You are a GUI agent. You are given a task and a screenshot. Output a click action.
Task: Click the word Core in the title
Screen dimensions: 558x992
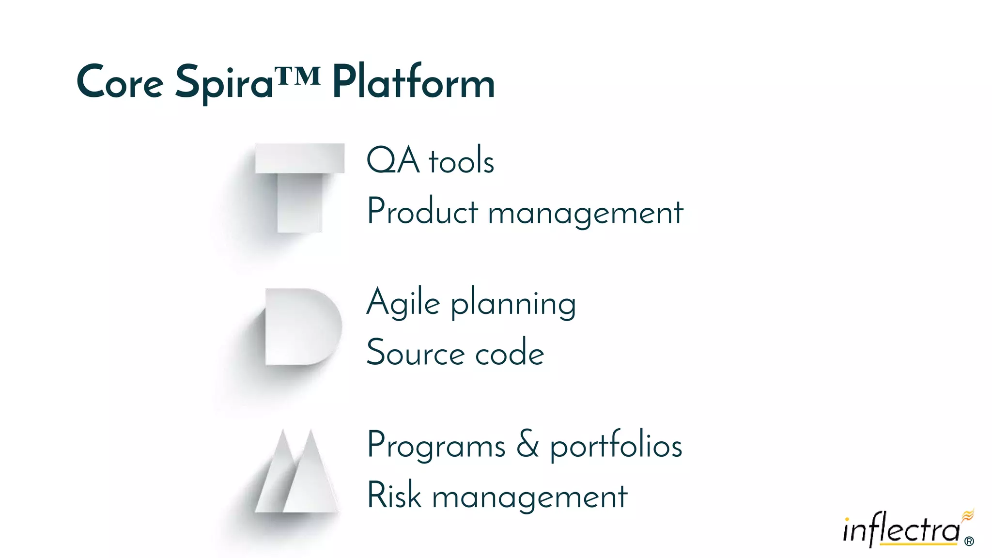click(120, 82)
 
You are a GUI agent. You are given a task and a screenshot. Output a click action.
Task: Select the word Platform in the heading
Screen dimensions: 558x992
click(413, 82)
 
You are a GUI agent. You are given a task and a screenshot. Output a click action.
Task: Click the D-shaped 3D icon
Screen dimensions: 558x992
click(302, 327)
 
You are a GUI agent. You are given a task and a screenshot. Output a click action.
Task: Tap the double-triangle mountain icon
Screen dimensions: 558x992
click(296, 472)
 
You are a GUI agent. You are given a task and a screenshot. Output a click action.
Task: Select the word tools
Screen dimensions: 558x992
click(461, 161)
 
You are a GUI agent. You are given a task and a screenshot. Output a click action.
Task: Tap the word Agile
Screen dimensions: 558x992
click(403, 303)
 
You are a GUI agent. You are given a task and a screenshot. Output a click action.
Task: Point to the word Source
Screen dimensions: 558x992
click(415, 353)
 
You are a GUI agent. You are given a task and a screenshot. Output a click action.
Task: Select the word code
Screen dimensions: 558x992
click(510, 353)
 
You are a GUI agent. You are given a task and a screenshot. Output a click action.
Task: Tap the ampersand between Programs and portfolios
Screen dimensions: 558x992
click(527, 444)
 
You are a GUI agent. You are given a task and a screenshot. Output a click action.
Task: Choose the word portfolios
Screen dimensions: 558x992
click(616, 445)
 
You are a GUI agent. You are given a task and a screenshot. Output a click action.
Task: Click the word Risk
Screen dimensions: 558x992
click(394, 496)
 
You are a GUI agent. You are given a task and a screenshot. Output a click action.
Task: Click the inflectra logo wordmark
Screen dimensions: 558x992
click(901, 529)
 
